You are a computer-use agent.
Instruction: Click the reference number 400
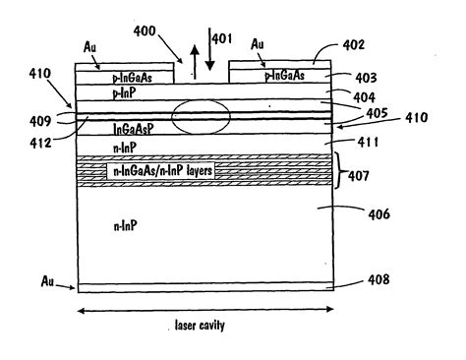(149, 31)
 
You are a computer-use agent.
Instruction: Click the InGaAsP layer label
(133, 128)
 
